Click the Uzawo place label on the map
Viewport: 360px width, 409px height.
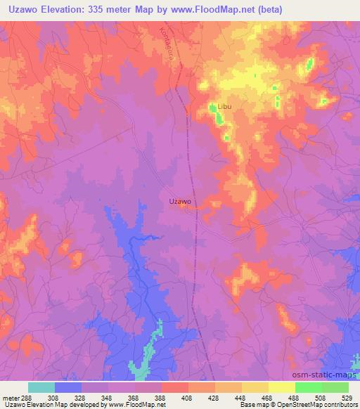[181, 201]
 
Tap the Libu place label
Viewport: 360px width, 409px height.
[224, 107]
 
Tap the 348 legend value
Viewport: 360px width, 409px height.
[108, 397]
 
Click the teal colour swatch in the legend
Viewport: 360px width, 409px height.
[41, 387]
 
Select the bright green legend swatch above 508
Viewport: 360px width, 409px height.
[309, 387]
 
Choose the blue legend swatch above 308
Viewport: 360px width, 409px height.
[68, 387]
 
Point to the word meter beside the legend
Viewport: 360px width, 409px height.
[11, 397]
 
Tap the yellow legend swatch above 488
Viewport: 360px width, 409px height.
[282, 387]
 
